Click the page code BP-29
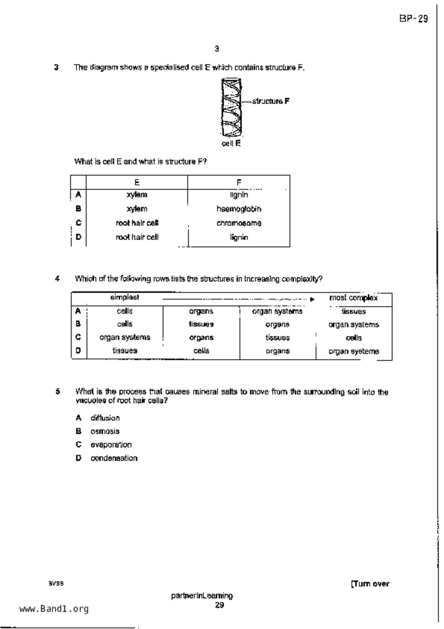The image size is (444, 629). [414, 19]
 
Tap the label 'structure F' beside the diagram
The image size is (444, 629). [271, 101]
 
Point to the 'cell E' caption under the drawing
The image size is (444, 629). [231, 143]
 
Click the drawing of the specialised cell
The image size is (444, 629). [231, 108]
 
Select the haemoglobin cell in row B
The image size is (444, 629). [239, 209]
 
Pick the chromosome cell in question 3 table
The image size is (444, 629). [239, 223]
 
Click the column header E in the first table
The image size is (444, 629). [137, 183]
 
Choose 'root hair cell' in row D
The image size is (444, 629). [137, 237]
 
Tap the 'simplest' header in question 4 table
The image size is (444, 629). [124, 297]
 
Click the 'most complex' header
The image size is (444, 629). [353, 298]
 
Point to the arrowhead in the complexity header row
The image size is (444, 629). [312, 299]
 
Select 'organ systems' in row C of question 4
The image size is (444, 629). [125, 337]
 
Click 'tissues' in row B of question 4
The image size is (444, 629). [201, 324]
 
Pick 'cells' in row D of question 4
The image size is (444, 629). [201, 351]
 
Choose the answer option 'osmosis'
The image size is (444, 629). [105, 431]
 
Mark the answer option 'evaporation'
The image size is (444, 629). [111, 445]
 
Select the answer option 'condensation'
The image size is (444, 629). [114, 458]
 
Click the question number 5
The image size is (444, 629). [58, 392]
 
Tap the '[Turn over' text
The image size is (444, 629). [370, 584]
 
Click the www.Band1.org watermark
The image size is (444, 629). [54, 609]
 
